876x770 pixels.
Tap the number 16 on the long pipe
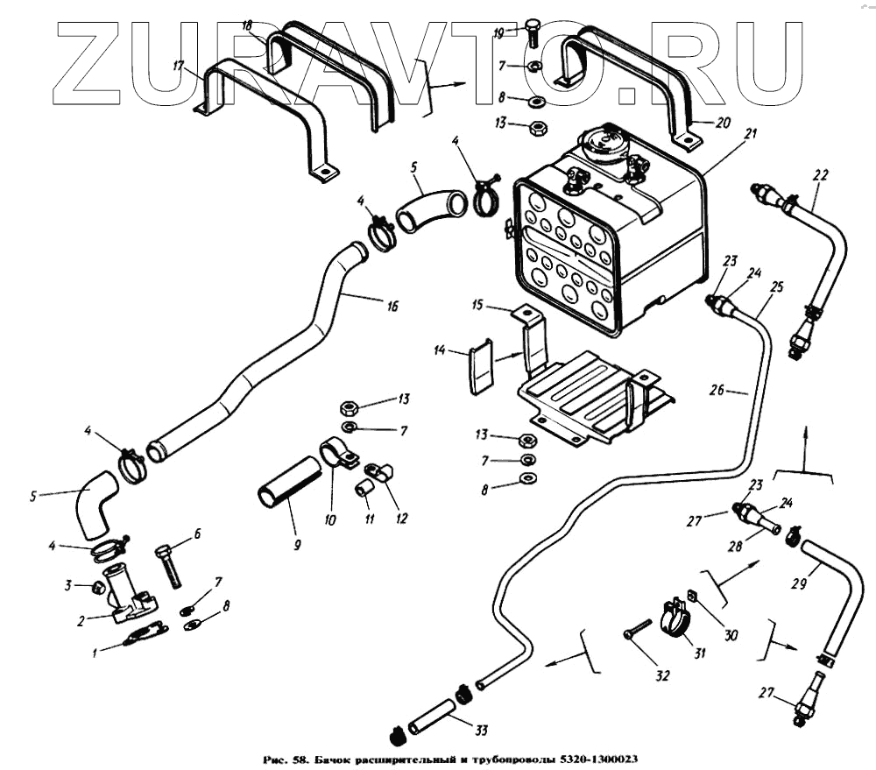pyautogui.click(x=391, y=306)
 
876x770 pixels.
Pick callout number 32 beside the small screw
pyautogui.click(x=662, y=675)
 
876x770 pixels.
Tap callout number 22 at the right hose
pyautogui.click(x=819, y=175)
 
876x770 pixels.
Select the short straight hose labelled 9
pyautogui.click(x=290, y=481)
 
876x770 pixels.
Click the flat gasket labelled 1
pyautogui.click(x=145, y=632)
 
